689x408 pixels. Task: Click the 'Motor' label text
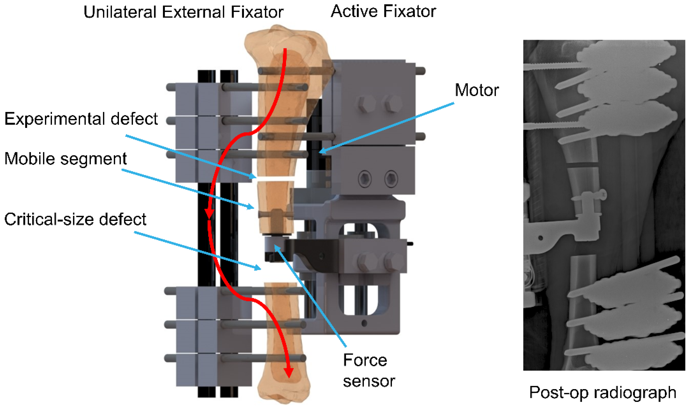(476, 90)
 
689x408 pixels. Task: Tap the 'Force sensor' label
(368, 370)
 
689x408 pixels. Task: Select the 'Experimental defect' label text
(81, 119)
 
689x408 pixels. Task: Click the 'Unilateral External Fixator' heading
(183, 12)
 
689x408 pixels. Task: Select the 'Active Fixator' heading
(383, 11)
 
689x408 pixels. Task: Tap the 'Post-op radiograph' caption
(603, 392)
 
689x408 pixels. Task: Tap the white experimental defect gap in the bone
(275, 179)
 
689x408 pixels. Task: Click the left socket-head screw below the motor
(365, 179)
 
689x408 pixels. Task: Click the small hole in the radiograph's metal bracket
(541, 238)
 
